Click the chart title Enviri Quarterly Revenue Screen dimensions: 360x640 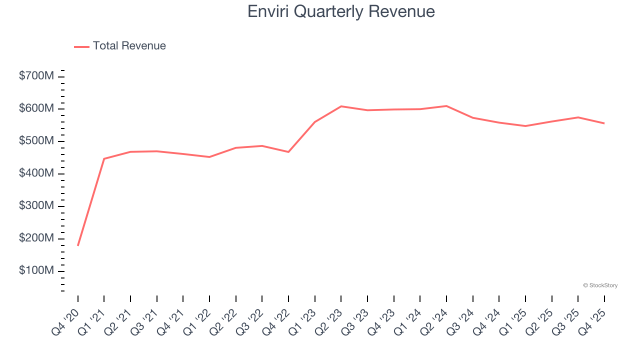341,11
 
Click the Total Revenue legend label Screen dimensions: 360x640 129,46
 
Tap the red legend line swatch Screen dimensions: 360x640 81,46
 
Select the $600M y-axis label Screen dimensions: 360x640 36,109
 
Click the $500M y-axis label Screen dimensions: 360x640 36,141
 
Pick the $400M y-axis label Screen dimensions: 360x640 36,173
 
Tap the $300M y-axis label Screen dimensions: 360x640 36,206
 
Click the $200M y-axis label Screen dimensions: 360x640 36,238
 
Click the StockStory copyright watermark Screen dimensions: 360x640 600,285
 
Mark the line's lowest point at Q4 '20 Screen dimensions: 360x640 78,245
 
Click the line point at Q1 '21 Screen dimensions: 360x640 104,158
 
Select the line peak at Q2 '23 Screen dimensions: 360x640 341,106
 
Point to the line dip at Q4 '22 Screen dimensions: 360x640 288,152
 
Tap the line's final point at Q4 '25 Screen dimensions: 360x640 604,123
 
